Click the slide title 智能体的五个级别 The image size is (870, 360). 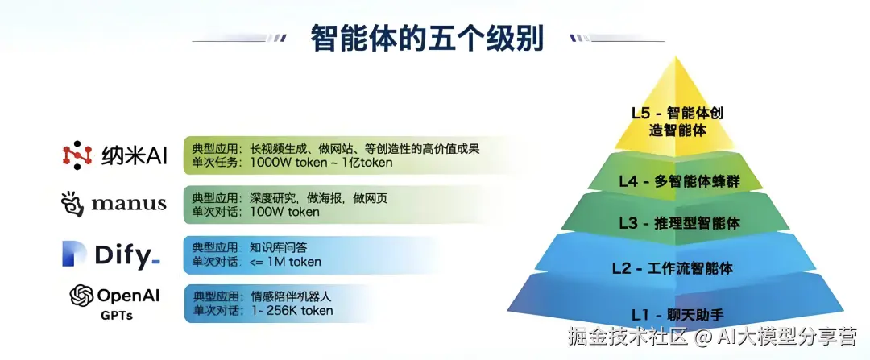(427, 38)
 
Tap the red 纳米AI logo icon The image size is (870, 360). (77, 155)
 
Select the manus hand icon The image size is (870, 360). (72, 204)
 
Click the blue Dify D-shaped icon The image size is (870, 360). (74, 254)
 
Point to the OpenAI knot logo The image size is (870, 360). (81, 296)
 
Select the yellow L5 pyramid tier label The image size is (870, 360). (677, 122)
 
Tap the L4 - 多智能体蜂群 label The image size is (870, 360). (680, 181)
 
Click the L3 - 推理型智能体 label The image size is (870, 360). (680, 224)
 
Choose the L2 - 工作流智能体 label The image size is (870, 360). (673, 268)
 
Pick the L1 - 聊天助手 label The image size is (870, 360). (677, 315)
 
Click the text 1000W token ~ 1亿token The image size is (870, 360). (321, 163)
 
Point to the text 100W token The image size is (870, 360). (285, 212)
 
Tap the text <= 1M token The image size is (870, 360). (286, 261)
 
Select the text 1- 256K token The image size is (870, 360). (292, 310)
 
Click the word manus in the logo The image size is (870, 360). (129, 204)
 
